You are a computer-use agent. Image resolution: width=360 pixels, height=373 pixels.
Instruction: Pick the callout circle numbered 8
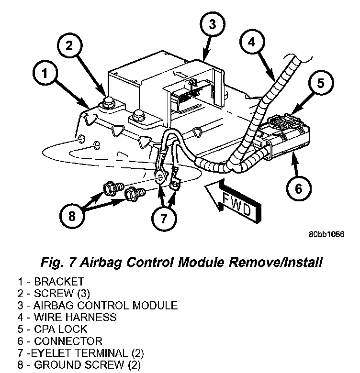pyautogui.click(x=72, y=216)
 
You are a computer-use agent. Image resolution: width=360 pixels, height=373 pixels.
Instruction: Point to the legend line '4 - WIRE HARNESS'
pyautogui.click(x=67, y=317)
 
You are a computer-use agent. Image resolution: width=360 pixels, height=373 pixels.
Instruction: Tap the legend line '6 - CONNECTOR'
pyautogui.click(x=60, y=341)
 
